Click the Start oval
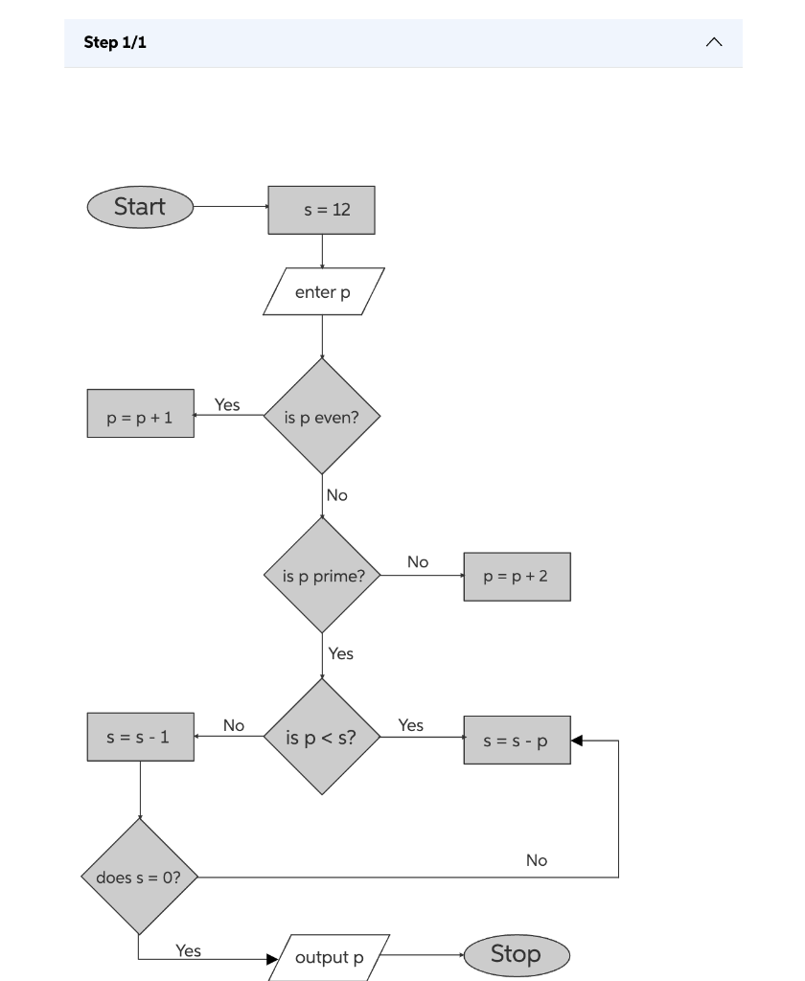[140, 207]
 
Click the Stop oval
[517, 954]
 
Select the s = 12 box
[321, 210]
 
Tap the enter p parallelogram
[323, 292]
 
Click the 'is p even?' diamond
[322, 417]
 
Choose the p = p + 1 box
[140, 414]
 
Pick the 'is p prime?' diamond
[322, 576]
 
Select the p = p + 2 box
[517, 577]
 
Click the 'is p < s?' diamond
[322, 737]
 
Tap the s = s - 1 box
[140, 737]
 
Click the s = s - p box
[517, 741]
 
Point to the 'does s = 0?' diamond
[139, 877]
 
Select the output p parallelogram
[329, 957]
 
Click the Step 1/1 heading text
[115, 43]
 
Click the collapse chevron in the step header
[714, 43]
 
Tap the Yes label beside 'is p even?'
[227, 405]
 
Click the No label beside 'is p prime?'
[418, 562]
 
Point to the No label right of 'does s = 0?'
[537, 860]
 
